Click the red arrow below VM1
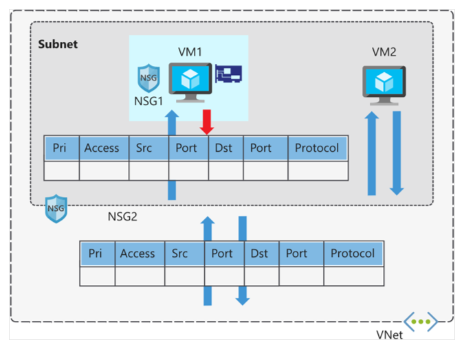tap(207, 122)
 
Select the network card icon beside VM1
tap(228, 74)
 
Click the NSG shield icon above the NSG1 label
tap(148, 78)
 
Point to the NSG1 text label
tap(148, 100)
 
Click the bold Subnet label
tap(58, 45)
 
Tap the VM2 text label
tap(384, 53)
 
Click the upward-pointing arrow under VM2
tap(372, 154)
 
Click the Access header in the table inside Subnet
tap(102, 148)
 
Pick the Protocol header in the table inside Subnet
tap(317, 148)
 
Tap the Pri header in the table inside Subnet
tap(60, 148)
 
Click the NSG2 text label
tap(124, 216)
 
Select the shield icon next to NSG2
tap(56, 208)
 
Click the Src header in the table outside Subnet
tap(179, 254)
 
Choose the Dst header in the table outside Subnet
tap(259, 254)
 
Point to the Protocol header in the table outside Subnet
tap(353, 254)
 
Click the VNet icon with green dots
tap(420, 321)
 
